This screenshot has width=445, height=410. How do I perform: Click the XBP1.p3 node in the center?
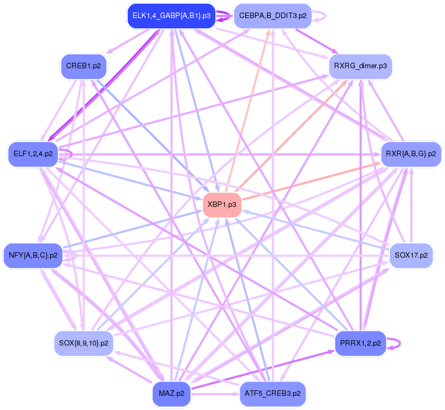(x=222, y=204)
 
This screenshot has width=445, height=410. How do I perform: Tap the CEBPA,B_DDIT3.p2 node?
(x=272, y=16)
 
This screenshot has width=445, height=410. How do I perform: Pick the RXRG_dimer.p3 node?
(x=360, y=66)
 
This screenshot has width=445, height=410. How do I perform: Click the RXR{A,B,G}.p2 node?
(x=410, y=154)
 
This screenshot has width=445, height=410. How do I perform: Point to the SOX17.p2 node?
(x=411, y=255)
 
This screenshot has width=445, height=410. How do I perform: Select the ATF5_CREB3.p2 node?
(x=272, y=393)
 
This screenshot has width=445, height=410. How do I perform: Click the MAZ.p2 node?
(x=171, y=393)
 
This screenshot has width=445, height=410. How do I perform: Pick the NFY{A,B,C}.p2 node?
(x=33, y=255)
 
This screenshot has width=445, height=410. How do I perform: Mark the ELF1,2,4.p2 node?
(x=33, y=154)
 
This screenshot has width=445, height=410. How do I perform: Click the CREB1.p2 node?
(x=83, y=66)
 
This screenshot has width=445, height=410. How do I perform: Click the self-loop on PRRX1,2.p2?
(x=400, y=343)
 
